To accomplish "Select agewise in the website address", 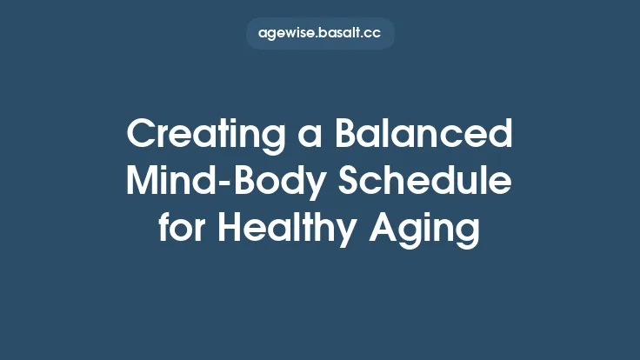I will (286, 34).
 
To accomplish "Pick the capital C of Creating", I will (140, 137).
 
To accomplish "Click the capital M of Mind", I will (141, 183).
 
